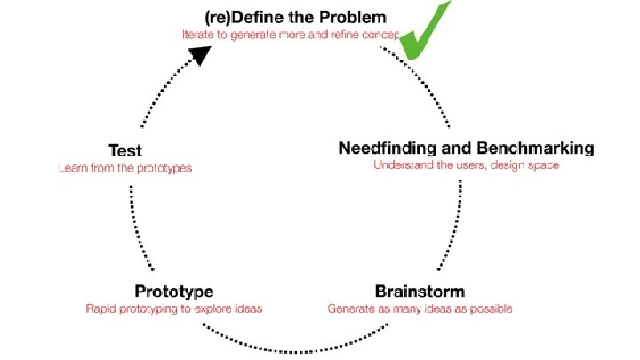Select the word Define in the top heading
click(257, 16)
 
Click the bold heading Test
click(124, 150)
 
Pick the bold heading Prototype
click(173, 291)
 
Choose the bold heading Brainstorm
click(420, 291)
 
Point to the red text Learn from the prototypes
click(124, 167)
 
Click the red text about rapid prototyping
click(174, 308)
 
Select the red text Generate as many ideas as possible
click(420, 308)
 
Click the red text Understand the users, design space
click(467, 164)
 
